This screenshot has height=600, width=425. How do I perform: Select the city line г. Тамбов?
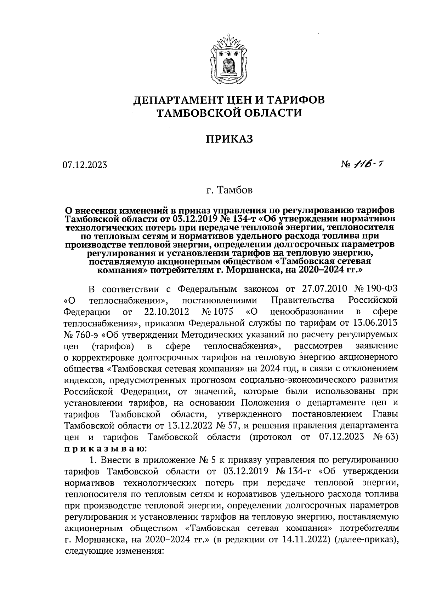point(230,191)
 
